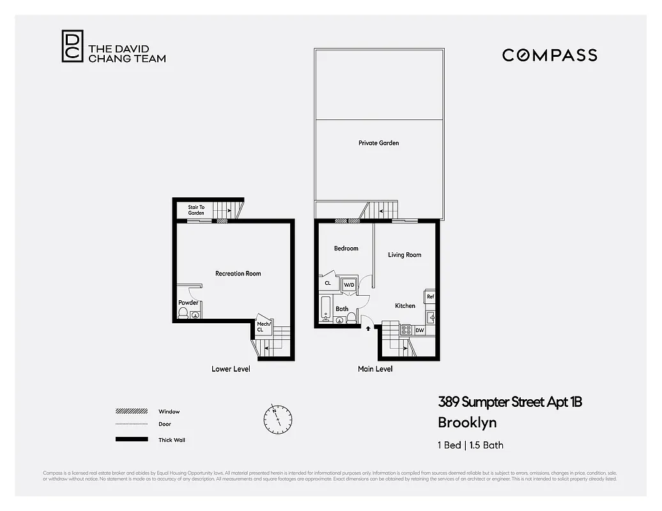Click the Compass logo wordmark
pos(550,55)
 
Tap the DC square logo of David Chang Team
pos(72,47)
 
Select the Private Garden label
pos(378,143)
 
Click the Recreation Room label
pos(238,273)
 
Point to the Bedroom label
pos(346,248)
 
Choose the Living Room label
pos(404,255)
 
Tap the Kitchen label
pos(404,306)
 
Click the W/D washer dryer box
pos(349,285)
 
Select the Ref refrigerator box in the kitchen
pos(430,297)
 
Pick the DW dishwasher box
pos(419,330)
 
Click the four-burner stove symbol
pos(406,330)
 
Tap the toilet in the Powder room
pos(183,313)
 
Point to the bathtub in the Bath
pos(325,310)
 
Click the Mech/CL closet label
pos(264,326)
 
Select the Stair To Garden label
pos(196,210)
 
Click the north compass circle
pos(278,418)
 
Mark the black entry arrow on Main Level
pos(368,329)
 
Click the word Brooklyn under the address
pos(466,422)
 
